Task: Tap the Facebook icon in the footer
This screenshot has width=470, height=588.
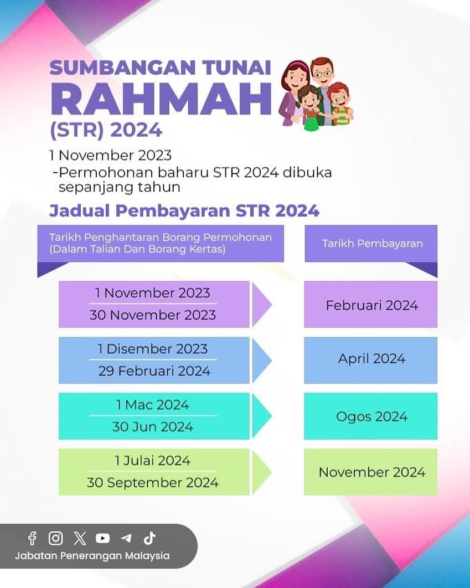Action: (x=32, y=538)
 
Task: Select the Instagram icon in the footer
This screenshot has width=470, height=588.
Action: (x=55, y=538)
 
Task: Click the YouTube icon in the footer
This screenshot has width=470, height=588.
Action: (x=102, y=538)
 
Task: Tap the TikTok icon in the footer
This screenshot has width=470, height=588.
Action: (x=149, y=538)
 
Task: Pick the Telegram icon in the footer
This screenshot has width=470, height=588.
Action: (x=126, y=538)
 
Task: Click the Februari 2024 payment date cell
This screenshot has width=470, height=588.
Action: (x=371, y=305)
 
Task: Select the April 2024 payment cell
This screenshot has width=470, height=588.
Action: (x=371, y=359)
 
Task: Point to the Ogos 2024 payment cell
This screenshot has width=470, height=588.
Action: (x=371, y=416)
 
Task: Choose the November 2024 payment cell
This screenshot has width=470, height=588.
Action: (x=371, y=472)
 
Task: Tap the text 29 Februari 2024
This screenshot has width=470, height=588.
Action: (x=154, y=371)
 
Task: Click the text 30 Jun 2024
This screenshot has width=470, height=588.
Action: (x=153, y=427)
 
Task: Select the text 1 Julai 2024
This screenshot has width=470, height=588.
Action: (x=153, y=461)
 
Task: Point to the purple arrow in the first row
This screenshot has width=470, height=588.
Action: (x=261, y=305)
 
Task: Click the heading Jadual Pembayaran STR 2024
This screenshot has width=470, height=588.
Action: (x=184, y=211)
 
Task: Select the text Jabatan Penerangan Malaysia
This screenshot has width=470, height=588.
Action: (x=92, y=555)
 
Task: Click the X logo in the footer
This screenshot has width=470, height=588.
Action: (x=80, y=538)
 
